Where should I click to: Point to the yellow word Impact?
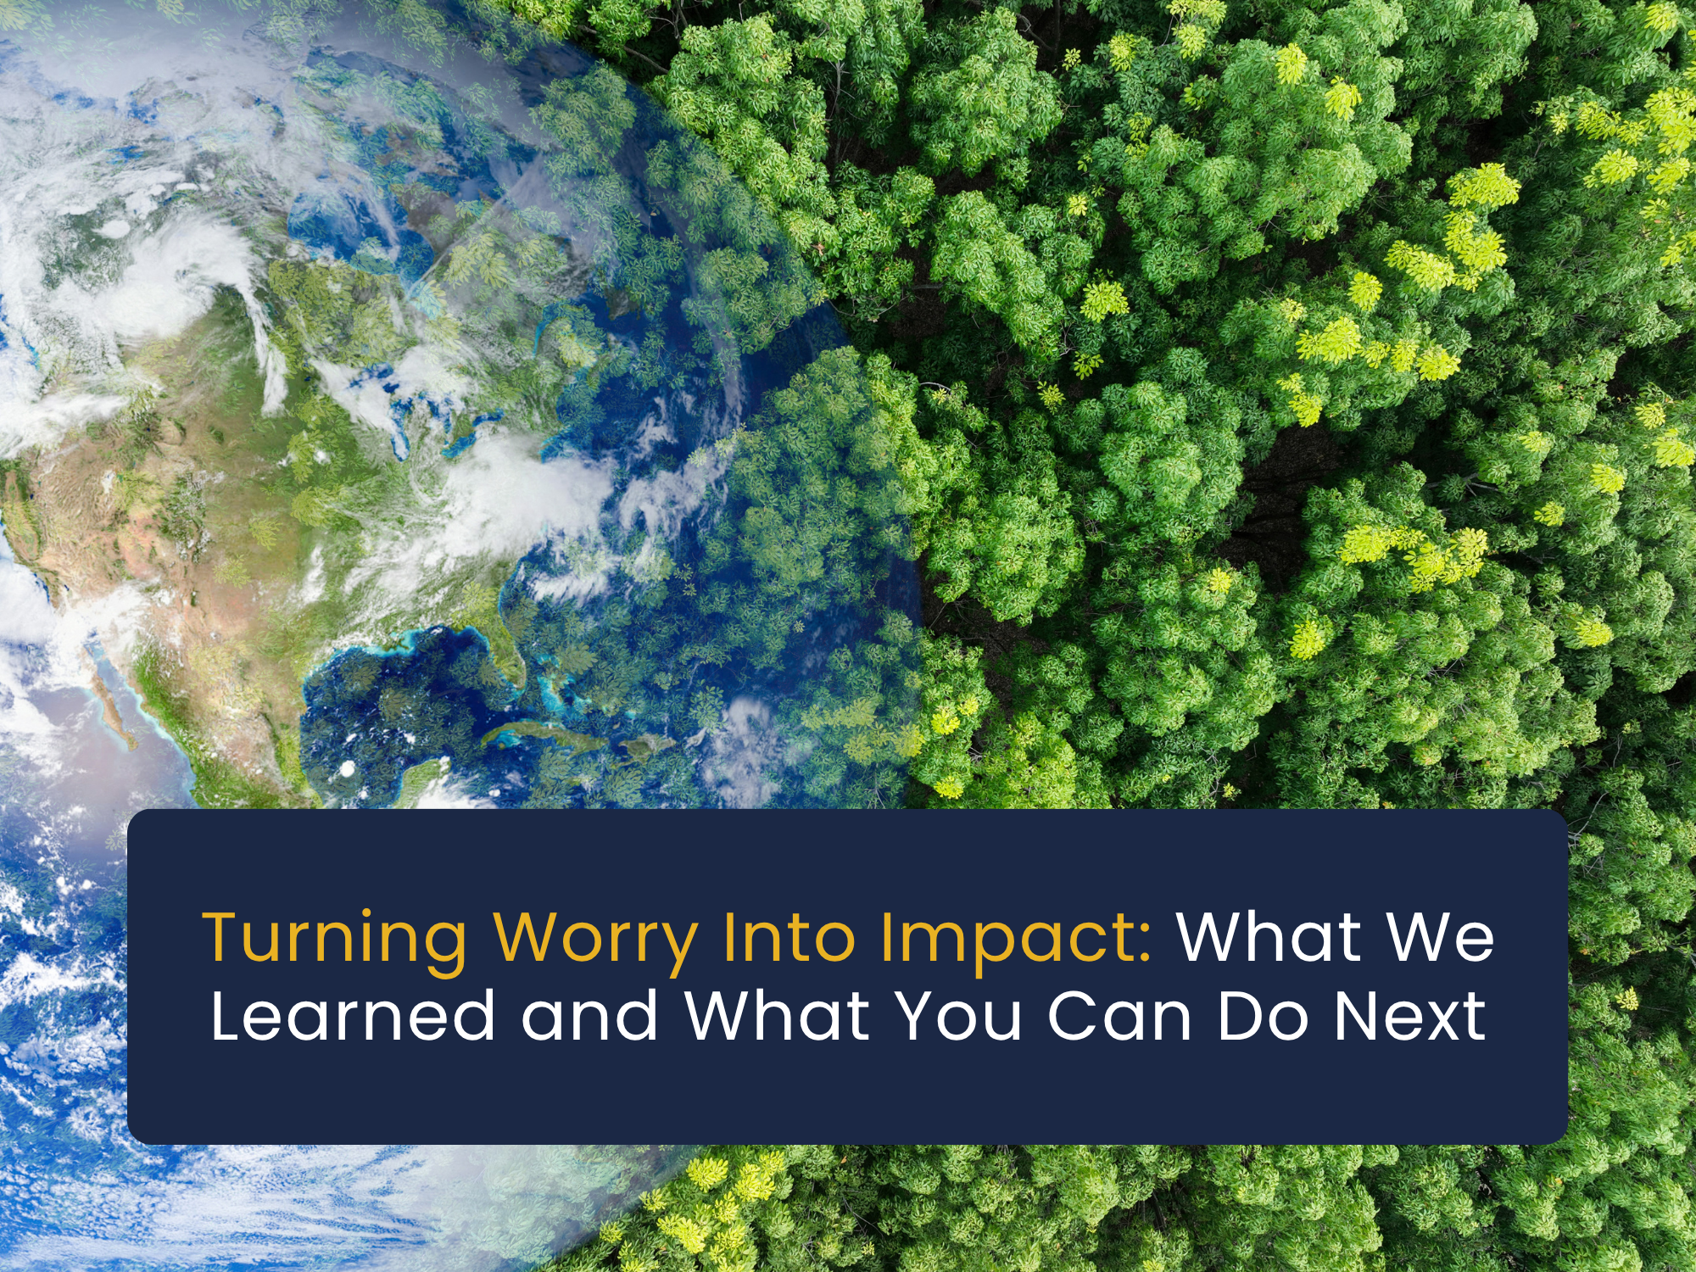point(1005,940)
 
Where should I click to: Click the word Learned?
point(353,1015)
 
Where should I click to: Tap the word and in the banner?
point(589,1015)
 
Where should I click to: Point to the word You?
point(959,1015)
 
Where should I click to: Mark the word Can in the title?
point(1119,1015)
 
